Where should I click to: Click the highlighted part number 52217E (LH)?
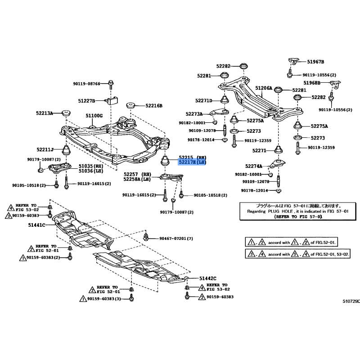point(192,162)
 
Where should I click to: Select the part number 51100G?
point(94,116)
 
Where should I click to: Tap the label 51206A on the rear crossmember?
point(264,89)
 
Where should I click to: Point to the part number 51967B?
point(316,61)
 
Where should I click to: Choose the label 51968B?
point(311,83)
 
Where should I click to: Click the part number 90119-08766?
point(87,83)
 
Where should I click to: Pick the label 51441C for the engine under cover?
point(37,225)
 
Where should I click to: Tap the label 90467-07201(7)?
point(176,238)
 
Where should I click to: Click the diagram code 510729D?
point(351,301)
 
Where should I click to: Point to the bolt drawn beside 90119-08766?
point(111,83)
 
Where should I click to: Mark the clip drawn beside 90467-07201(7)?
point(147,236)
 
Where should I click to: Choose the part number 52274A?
point(254,166)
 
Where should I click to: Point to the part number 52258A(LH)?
point(137,179)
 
